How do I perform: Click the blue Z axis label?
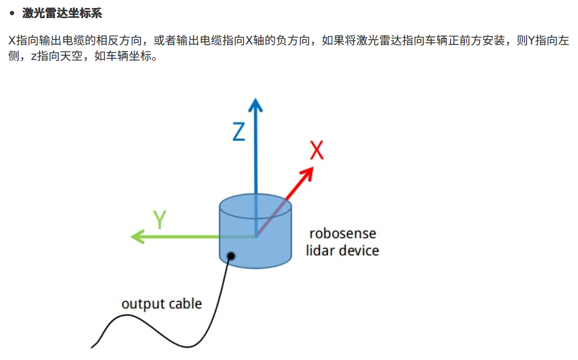point(239,131)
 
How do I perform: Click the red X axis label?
point(317,151)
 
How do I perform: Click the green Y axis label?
point(160,220)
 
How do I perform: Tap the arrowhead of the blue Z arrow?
point(256,104)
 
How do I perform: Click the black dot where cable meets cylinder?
point(231,256)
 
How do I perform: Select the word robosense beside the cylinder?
point(343,234)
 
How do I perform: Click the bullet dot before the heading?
point(12,13)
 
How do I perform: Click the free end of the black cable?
point(93,345)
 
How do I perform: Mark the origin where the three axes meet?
point(256,236)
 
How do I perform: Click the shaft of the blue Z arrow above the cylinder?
point(256,155)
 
